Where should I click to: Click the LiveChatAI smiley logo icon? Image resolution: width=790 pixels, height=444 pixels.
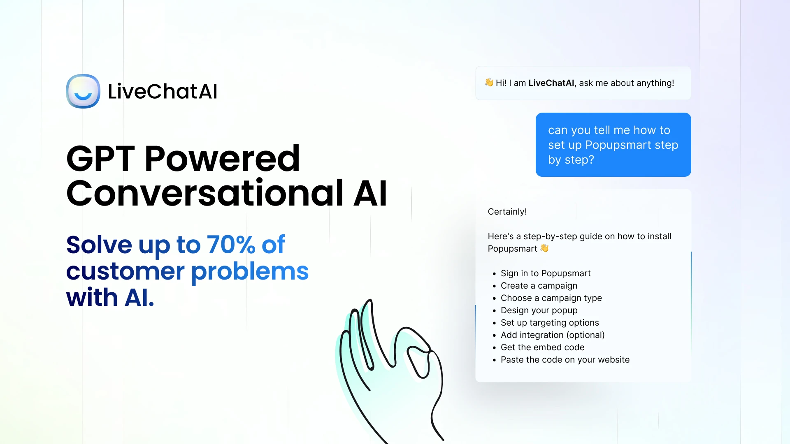(83, 91)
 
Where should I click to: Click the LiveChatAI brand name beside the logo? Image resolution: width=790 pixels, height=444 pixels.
(163, 91)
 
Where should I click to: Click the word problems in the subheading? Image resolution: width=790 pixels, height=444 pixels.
(250, 272)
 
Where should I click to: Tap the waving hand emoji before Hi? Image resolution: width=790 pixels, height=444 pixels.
(489, 83)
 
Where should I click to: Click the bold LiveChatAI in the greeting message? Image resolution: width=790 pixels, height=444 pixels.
(551, 83)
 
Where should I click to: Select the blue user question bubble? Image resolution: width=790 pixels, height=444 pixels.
(613, 145)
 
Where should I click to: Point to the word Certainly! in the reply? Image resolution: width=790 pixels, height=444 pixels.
(507, 212)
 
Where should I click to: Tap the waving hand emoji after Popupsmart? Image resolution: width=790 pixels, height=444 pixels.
(544, 248)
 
